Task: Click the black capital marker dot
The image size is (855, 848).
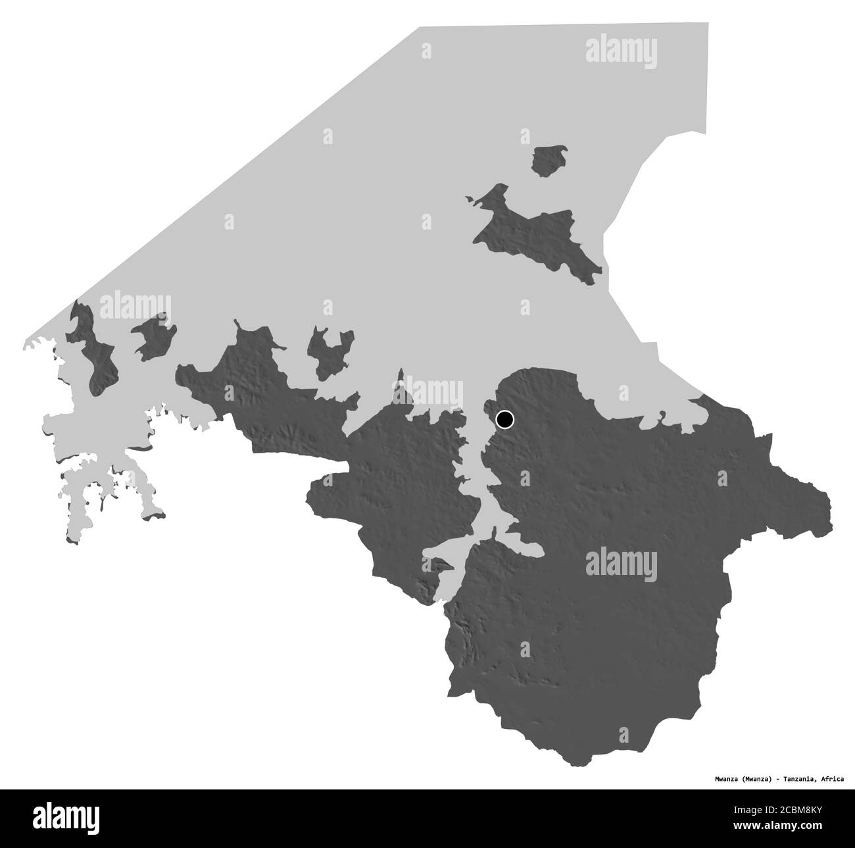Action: point(504,419)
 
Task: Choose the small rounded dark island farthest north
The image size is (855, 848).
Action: point(550,161)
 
